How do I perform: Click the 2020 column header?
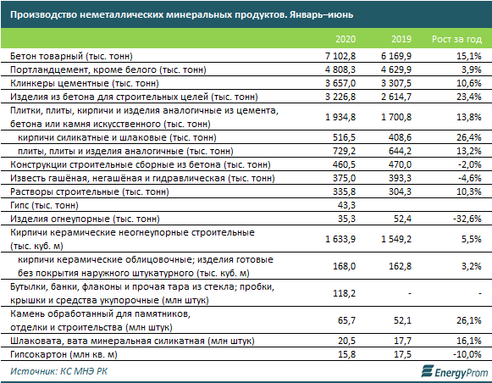pos(346,39)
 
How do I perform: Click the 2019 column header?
pos(401,39)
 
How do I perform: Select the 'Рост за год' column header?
pos(456,39)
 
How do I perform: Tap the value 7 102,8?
pos(340,56)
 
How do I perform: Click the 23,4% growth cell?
pos(469,97)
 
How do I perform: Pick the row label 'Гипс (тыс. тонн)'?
pos(44,205)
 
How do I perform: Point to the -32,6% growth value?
pos(467,219)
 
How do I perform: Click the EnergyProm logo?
pos(455,371)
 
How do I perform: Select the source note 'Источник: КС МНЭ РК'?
pos(58,371)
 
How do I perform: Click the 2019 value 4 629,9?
pos(396,69)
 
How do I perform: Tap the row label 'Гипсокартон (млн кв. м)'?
pos(64,354)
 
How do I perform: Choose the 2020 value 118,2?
pos(344,293)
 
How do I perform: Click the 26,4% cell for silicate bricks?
pos(469,137)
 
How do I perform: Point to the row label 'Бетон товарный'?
pos(47,56)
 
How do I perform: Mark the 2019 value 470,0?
pos(400,164)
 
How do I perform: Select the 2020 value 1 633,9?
pos(340,239)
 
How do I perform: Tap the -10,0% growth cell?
pos(467,354)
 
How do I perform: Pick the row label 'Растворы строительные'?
pos(64,191)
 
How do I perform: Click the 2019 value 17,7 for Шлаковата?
pos(402,341)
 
